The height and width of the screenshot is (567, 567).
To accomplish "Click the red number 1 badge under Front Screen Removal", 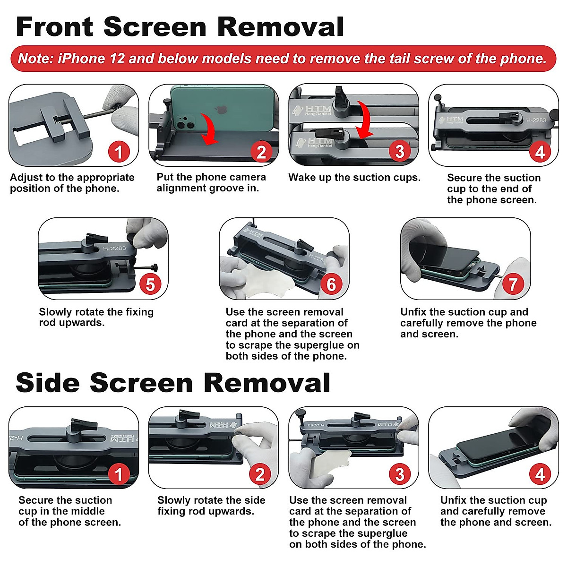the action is tap(119, 152).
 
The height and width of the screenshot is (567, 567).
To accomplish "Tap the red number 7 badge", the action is tap(513, 284).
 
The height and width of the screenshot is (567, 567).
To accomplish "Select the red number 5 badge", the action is tap(150, 284).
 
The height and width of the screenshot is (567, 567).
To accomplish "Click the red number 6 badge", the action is tap(331, 284).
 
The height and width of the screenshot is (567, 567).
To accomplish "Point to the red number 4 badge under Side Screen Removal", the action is tap(540, 474).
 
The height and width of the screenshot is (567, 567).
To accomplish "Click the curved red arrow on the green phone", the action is tap(208, 130).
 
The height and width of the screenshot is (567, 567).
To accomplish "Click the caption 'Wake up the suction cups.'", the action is tap(354, 178).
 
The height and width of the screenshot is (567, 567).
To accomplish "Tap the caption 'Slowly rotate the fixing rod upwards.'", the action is tap(96, 317).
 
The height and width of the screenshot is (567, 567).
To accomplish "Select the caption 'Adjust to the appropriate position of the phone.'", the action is tap(72, 183).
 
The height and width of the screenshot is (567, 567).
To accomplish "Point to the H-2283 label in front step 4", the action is tap(536, 120).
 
